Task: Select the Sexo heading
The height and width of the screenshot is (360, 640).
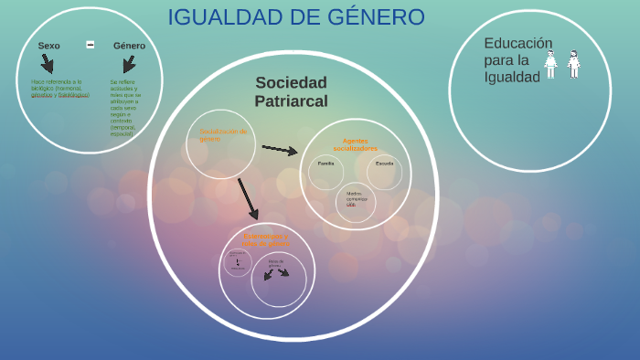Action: point(48,46)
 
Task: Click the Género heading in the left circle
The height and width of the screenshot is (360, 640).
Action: point(129,46)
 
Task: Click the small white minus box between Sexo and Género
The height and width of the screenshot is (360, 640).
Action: point(91,45)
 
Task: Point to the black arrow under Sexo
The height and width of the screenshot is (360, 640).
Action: point(47,63)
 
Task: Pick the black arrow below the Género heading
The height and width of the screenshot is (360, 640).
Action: point(129,64)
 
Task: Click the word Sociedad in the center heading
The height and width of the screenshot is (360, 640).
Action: point(291,83)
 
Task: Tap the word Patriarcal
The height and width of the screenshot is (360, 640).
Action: point(291,101)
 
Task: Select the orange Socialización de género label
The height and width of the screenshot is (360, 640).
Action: point(223,135)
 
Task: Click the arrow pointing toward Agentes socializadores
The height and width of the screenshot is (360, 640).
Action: point(280,149)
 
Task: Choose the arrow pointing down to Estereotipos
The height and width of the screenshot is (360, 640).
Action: point(248,198)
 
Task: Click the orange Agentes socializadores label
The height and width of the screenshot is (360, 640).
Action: point(355,144)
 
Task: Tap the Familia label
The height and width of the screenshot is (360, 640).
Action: point(325,164)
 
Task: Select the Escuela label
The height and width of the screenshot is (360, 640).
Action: point(384,164)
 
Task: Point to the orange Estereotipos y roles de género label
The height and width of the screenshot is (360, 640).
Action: point(266,240)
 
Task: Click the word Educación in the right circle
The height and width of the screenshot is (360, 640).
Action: point(518,43)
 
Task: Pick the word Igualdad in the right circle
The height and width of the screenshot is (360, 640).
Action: point(512,78)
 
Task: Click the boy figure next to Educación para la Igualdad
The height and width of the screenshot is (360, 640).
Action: point(550,64)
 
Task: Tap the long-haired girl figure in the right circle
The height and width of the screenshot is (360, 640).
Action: point(573,64)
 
